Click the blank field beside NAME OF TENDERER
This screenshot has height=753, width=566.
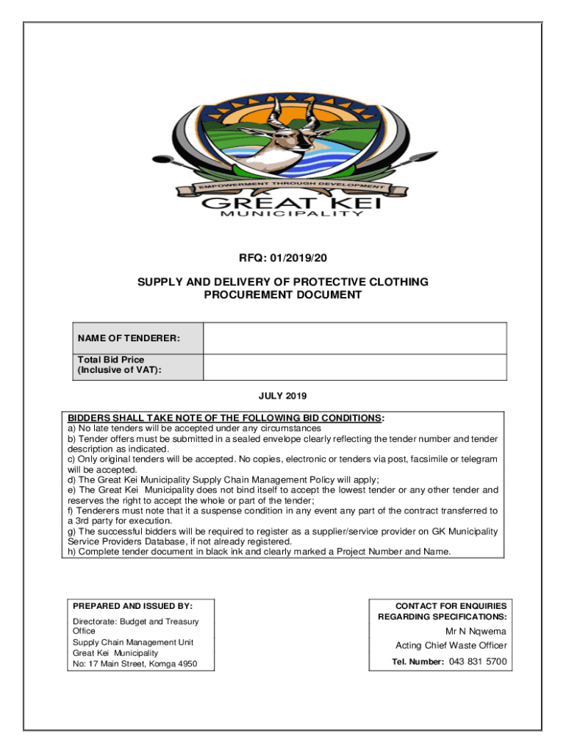click(x=354, y=338)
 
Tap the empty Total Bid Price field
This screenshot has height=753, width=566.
click(x=354, y=367)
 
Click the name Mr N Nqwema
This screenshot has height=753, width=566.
click(x=476, y=631)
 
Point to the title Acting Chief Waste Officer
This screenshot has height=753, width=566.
click(x=451, y=646)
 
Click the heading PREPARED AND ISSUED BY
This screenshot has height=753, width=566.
click(x=132, y=606)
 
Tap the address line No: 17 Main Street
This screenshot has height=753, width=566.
click(x=134, y=664)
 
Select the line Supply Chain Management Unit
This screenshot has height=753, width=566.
click(x=133, y=642)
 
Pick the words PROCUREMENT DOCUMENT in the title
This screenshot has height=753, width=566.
click(x=282, y=295)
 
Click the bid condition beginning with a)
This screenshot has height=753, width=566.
click(x=194, y=428)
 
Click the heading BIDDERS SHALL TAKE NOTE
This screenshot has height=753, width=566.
click(x=225, y=418)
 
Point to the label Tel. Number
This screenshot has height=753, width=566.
click(x=417, y=662)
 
